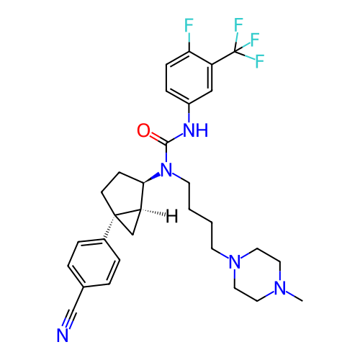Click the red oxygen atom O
[x=143, y=130]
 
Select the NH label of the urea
[x=195, y=130]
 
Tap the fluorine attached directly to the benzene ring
[x=189, y=25]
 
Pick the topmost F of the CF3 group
[x=238, y=24]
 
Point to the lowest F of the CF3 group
[x=260, y=61]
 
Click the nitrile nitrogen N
[x=63, y=335]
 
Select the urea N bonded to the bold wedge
[x=166, y=170]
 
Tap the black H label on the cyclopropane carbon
[x=172, y=216]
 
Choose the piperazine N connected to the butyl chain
[x=235, y=261]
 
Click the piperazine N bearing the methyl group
[x=280, y=288]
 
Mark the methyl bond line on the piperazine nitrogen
[x=294, y=297]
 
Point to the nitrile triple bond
[x=70, y=315]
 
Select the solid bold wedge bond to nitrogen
[x=152, y=178]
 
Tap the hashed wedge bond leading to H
[x=153, y=212]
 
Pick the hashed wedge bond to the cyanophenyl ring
[x=109, y=227]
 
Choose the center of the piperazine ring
[x=257, y=274]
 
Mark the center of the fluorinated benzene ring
[x=189, y=78]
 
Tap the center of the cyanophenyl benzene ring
[x=94, y=263]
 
